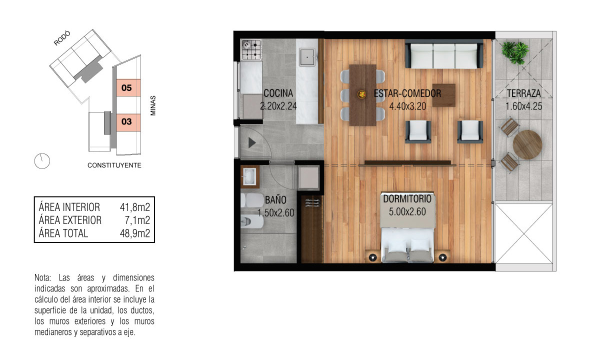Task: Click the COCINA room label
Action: click(278, 93)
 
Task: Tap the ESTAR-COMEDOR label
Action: click(407, 93)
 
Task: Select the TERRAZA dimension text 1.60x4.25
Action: click(523, 106)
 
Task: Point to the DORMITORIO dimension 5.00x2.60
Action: click(407, 211)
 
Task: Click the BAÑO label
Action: click(275, 200)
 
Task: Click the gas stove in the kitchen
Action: click(251, 50)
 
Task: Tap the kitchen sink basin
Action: click(307, 57)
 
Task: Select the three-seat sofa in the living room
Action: click(444, 54)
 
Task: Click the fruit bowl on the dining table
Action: click(361, 94)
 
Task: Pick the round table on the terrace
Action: click(527, 144)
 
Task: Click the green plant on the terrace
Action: click(515, 53)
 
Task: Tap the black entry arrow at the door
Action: click(252, 143)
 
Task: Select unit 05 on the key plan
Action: click(128, 87)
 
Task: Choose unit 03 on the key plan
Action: click(128, 122)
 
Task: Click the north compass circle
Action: click(42, 161)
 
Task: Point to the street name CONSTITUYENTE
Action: click(114, 165)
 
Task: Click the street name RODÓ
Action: click(62, 38)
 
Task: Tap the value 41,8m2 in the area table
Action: click(134, 207)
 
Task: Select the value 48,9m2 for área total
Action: click(134, 233)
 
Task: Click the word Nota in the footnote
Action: click(43, 278)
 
